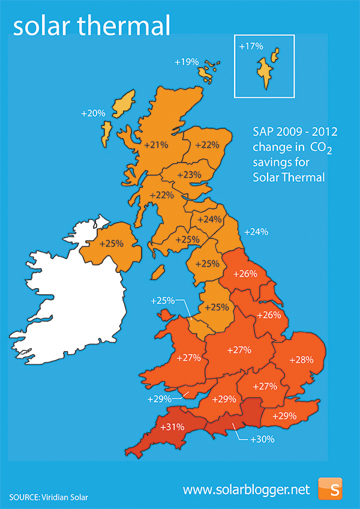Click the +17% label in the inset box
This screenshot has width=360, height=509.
pos(251,46)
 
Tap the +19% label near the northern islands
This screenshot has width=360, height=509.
pos(186,62)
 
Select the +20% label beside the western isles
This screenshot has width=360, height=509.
pos(94,112)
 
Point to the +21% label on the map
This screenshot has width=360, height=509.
pos(156,145)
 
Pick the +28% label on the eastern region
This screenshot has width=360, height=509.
pos(301,360)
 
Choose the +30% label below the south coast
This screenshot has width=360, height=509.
pos(262,439)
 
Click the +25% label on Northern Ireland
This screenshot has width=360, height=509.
pos(111,244)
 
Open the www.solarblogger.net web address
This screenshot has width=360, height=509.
pos(246,490)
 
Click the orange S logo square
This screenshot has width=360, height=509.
pos(330,489)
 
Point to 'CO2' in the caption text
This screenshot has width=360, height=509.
pos(321,148)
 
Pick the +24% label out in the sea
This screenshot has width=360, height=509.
pos(256,232)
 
